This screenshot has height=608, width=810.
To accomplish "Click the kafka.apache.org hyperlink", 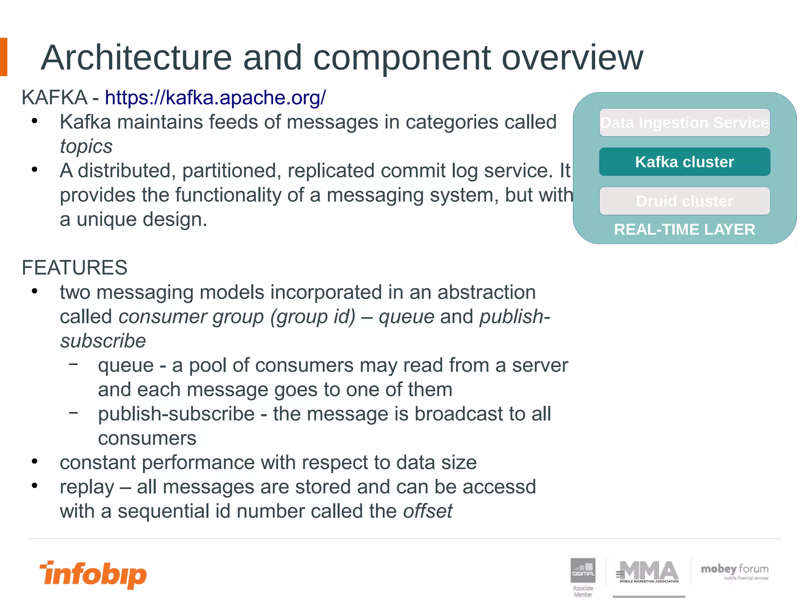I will click(x=216, y=97).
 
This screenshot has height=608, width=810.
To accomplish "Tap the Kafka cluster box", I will click(x=684, y=162).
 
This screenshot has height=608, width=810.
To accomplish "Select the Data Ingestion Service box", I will click(x=684, y=123).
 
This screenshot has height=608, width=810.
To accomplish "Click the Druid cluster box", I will click(x=684, y=201).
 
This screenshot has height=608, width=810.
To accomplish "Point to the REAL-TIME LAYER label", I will click(x=684, y=230).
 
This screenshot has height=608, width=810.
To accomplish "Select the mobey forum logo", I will click(x=734, y=571).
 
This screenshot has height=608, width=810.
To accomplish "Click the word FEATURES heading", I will click(x=74, y=268).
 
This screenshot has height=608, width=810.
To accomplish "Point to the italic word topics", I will click(x=86, y=146).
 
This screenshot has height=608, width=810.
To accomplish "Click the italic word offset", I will click(x=428, y=511).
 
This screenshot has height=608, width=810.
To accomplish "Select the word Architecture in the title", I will click(x=136, y=58).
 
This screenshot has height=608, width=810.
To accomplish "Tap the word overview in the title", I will click(x=572, y=58).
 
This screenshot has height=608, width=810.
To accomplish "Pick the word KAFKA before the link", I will click(x=55, y=97).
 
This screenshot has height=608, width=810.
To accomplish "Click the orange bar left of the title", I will click(x=4, y=57).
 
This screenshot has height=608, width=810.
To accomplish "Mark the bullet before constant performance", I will click(x=35, y=462).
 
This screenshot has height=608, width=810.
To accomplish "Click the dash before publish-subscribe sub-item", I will click(x=73, y=412).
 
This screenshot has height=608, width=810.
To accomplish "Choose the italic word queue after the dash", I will click(x=406, y=317).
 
